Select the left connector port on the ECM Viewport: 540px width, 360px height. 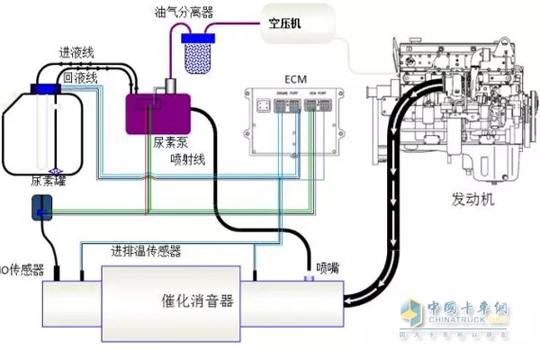coord(288,107)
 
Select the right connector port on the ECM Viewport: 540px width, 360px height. coord(316,107)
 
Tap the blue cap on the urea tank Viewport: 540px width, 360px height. coord(43,87)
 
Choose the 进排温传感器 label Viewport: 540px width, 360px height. coord(145,249)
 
